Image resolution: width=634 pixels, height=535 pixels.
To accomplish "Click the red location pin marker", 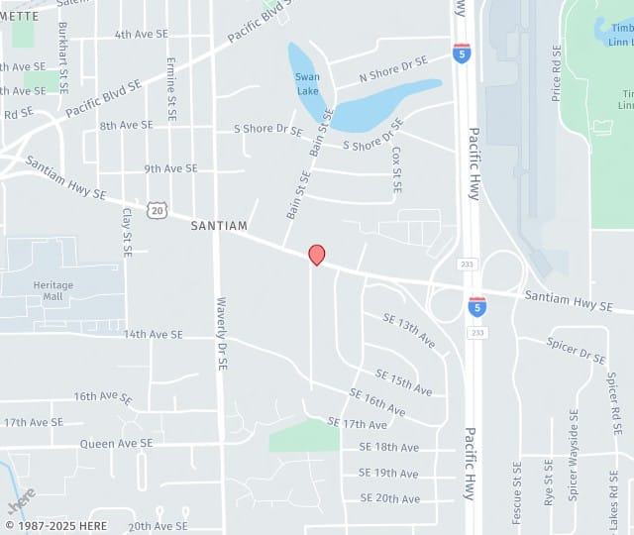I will (317, 255).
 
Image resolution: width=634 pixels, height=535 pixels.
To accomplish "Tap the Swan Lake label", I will (307, 83).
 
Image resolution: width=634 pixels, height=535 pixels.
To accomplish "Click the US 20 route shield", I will (156, 210).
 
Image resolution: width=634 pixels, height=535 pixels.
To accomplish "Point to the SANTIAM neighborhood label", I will (219, 226).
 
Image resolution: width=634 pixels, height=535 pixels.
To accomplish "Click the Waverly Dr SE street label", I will (222, 334).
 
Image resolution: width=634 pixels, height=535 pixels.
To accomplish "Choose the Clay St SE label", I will (127, 232).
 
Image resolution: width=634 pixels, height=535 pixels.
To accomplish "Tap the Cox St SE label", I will (396, 169).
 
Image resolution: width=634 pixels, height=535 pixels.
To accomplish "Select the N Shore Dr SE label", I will (392, 68).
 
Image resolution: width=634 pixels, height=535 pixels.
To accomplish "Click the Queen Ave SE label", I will (117, 444).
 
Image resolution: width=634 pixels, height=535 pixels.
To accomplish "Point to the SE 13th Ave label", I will (409, 330).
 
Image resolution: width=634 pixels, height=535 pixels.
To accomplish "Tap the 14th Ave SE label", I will (154, 335).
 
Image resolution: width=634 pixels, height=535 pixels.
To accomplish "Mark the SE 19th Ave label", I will (389, 474).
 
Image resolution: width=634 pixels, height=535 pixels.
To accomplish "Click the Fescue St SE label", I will (517, 492).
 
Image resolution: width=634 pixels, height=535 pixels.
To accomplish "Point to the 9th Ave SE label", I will (170, 168).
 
